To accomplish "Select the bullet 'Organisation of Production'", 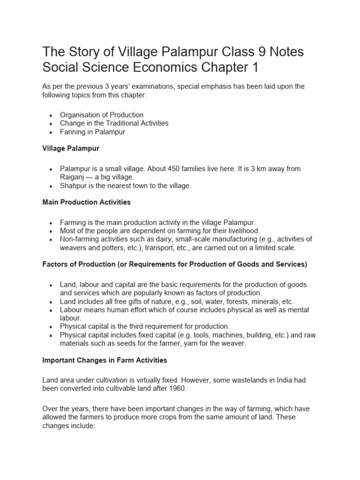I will (102, 115).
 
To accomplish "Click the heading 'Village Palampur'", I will (71, 148).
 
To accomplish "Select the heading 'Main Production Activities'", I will (87, 202).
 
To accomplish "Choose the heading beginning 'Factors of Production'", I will (174, 264).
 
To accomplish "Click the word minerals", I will (265, 301).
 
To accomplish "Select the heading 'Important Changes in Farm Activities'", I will (105, 360).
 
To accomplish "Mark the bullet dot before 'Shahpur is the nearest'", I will (51, 186).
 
